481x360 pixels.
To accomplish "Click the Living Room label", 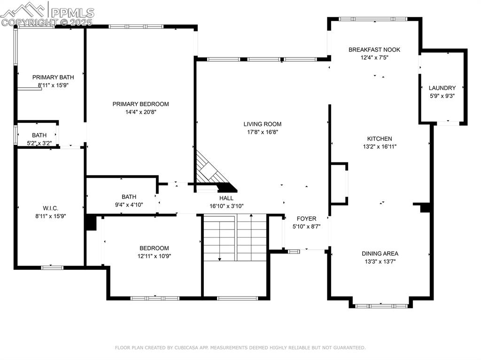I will point(262,124).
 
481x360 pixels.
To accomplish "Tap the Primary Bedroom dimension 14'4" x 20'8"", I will point(140,112).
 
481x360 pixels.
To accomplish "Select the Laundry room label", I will point(442,88).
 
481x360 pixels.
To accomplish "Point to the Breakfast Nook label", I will point(374,50).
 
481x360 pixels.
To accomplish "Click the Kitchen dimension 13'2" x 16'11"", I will point(380,146).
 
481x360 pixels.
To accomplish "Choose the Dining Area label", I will point(380,253).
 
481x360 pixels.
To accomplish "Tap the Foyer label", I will point(306,219).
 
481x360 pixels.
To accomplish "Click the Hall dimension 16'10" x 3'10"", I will point(226,206).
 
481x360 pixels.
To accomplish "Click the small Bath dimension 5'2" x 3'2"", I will point(39,143).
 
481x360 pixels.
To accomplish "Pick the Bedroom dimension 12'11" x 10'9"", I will point(154,256).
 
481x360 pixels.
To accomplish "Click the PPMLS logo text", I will point(72,13).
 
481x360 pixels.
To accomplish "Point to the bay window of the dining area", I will point(380,306).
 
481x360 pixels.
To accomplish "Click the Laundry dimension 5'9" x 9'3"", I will point(442,96).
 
